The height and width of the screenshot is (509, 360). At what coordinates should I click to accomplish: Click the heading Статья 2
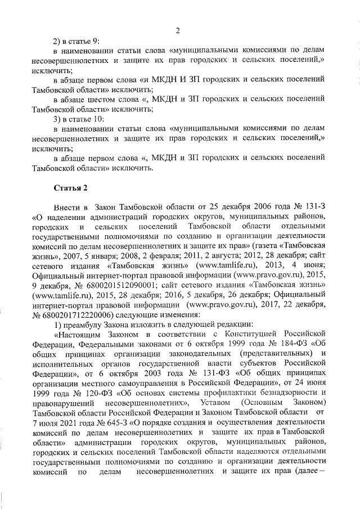(x=70, y=186)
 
